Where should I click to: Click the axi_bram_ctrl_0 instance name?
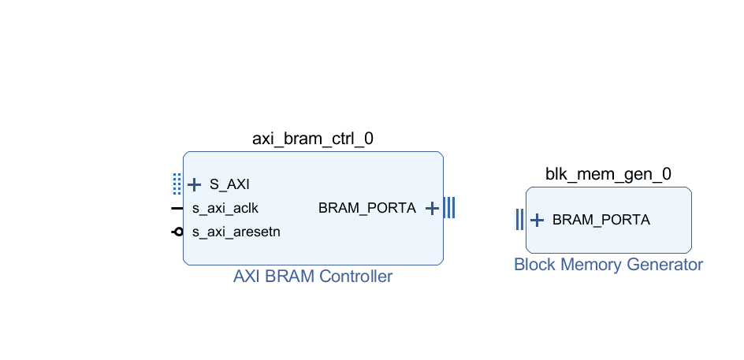(313, 139)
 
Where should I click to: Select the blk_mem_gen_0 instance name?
(608, 174)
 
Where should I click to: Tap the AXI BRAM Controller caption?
(313, 276)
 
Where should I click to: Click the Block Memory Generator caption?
(608, 264)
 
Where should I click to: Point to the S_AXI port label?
(229, 184)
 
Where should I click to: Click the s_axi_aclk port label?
(225, 208)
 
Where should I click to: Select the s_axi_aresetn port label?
(236, 232)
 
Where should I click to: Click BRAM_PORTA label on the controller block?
(367, 208)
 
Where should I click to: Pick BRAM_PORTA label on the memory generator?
(601, 220)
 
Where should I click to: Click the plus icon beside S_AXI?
(194, 184)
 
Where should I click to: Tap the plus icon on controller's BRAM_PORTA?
(432, 208)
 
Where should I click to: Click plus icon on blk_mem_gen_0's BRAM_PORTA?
(537, 220)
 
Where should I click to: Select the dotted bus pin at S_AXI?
(177, 184)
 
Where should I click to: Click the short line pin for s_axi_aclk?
(177, 208)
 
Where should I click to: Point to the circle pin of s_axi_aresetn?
(178, 232)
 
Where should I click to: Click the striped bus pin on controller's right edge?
(449, 208)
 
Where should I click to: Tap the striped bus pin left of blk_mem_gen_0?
(520, 220)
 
